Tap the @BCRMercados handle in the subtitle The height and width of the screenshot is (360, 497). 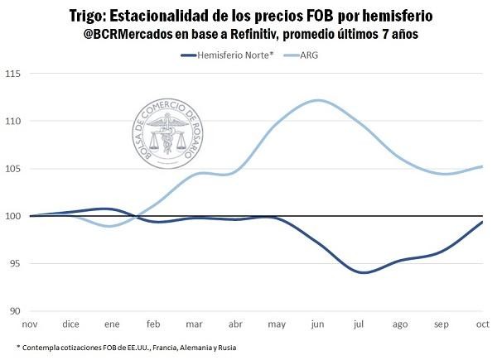click(132, 35)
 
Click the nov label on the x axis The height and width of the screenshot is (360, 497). click(30, 324)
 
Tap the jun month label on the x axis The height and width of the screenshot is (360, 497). click(318, 324)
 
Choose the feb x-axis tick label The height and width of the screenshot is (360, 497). click(153, 324)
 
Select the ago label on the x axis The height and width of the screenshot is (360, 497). click(400, 324)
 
